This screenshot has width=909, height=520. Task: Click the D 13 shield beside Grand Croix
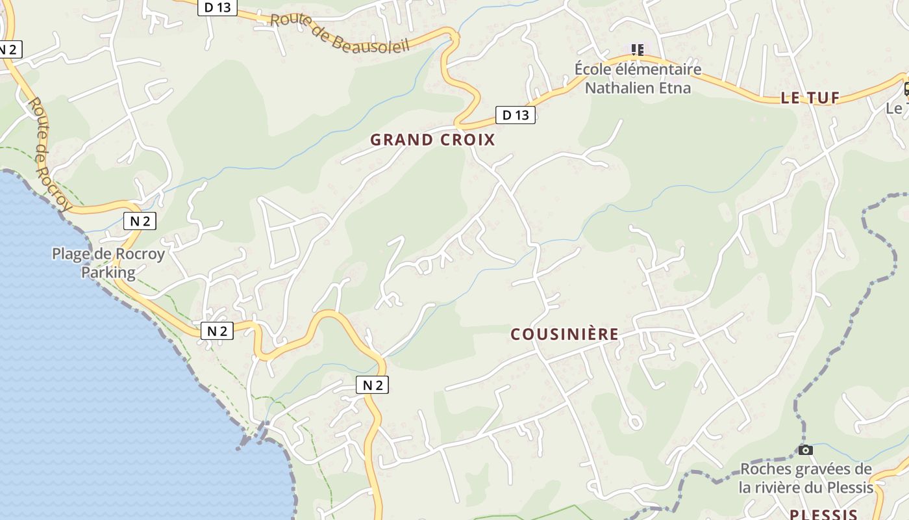pos(516,115)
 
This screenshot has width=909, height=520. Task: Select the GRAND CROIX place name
pos(432,140)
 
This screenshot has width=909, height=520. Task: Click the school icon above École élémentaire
pos(638,49)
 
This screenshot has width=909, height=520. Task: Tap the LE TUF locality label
pos(810,98)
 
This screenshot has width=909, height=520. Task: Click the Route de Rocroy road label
pos(49,155)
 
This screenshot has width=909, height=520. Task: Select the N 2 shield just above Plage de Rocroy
pos(140,221)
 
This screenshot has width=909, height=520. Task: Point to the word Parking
pos(108,272)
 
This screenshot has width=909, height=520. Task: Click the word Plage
pos(73,254)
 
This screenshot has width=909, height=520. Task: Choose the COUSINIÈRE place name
pos(564,334)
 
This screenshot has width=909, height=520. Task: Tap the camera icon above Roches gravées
pos(805,450)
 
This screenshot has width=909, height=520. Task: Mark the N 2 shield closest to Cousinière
pos(372,385)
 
